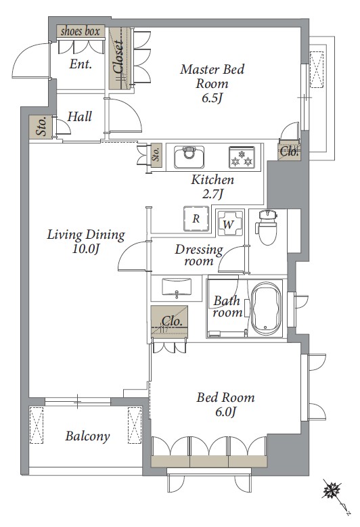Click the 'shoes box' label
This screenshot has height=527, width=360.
[x=81, y=32]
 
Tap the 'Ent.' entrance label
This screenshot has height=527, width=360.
[x=81, y=64]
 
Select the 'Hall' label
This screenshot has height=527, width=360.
[x=79, y=116]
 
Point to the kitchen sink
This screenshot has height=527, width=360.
[x=189, y=157]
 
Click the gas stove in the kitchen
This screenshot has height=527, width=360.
[x=242, y=157]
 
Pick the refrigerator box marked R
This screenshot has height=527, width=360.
[x=196, y=219]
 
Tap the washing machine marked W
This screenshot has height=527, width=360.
[x=229, y=223]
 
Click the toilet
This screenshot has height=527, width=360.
[x=267, y=227]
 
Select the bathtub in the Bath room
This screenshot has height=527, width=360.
[x=267, y=308]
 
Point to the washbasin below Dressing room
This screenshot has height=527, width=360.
[x=177, y=287]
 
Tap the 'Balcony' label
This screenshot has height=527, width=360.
[x=87, y=436]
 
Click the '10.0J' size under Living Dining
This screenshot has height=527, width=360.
[x=86, y=249]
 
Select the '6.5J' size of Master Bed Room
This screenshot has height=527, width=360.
[x=212, y=98]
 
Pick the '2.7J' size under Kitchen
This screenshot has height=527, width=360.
[x=212, y=193]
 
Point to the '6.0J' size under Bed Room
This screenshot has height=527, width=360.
[x=226, y=411]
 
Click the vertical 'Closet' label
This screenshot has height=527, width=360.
[x=118, y=57]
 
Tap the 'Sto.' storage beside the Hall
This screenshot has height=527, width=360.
[x=41, y=127]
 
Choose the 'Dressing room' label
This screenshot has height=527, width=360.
[x=199, y=255]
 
